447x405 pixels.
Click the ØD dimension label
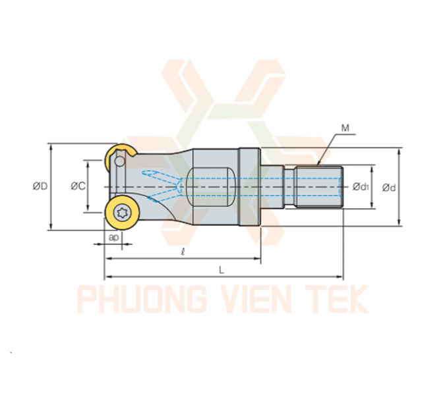tap(40, 186)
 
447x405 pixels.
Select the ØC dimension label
tap(78, 186)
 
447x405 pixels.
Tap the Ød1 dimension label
tap(361, 187)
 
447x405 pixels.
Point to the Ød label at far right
tap(389, 188)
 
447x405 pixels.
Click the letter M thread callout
tap(345, 128)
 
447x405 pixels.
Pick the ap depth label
tap(113, 237)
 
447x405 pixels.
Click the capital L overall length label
tap(222, 270)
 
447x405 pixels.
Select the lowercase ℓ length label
tap(183, 252)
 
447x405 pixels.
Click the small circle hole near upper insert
tap(120, 162)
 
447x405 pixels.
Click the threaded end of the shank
tap(318, 187)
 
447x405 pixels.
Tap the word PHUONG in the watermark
tap(142, 300)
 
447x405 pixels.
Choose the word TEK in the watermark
tap(338, 300)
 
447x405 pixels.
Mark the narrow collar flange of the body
tap(249, 187)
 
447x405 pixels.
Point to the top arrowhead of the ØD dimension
tap(51, 147)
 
